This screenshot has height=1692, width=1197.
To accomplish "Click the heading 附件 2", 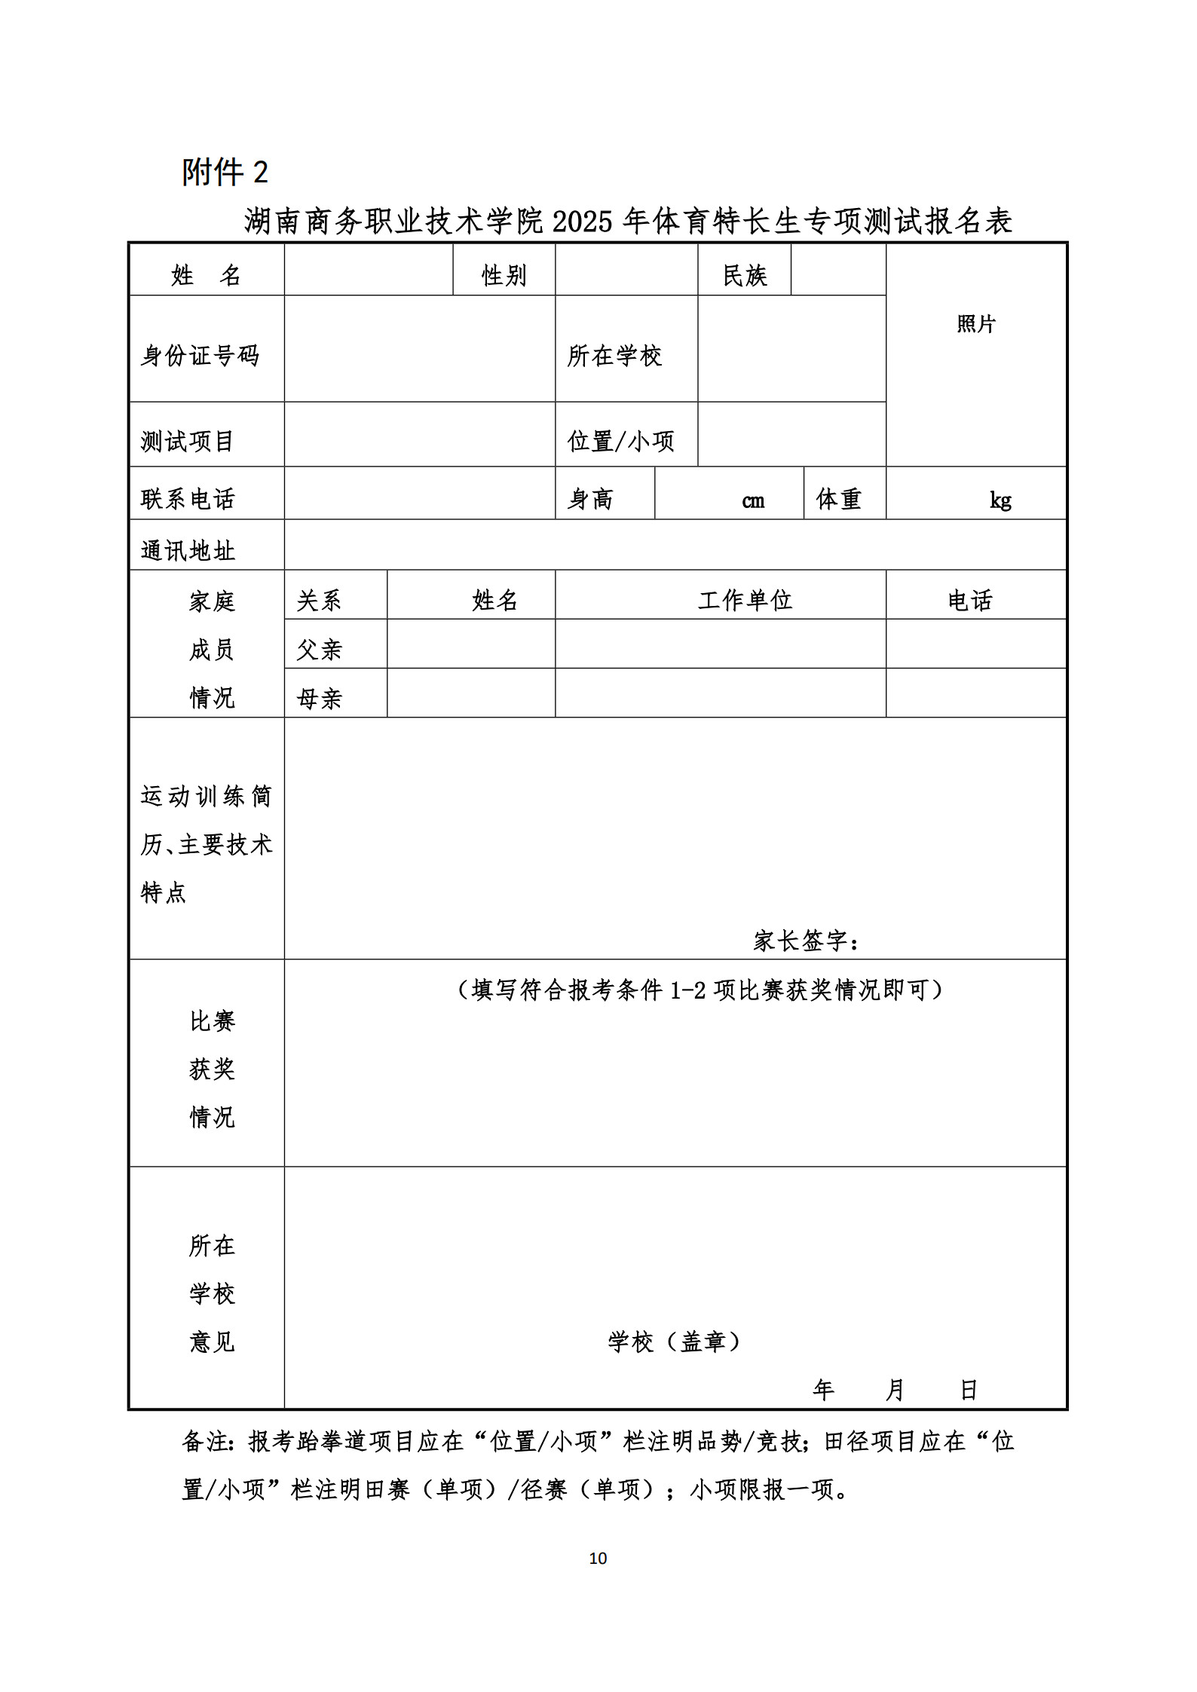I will coord(225,172).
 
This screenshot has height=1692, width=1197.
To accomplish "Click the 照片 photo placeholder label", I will coord(976,324).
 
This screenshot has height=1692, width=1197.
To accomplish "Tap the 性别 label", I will coord(504,276).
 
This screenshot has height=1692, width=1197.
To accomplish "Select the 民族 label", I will coord(744,276).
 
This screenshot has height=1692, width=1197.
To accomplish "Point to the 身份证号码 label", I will coord(200,356).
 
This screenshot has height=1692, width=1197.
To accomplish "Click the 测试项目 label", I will coord(187,441).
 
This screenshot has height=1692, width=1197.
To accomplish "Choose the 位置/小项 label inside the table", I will coord(620,441).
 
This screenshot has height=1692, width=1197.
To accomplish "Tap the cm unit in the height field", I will coord(752,501).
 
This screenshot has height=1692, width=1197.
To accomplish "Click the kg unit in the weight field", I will coord(1000,500).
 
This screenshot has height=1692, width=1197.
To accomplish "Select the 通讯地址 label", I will coord(188,551).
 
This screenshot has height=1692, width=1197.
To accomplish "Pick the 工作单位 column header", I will coord(745,600).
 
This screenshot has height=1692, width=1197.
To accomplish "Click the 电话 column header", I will coord(970,601).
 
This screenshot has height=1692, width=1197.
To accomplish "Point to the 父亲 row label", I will coord(319,650).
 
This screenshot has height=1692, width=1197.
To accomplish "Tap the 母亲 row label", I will coord(319,699).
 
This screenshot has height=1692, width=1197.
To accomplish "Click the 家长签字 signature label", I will coord(806,941).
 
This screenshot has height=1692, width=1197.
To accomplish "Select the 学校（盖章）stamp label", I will coord(674,1341).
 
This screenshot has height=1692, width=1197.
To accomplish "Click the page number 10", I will coord(598,1558).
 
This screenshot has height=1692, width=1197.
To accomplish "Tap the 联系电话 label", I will coord(188,499).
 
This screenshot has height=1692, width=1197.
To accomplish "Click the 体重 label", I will coord(838,499).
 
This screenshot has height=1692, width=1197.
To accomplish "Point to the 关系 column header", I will coord(319,601).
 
